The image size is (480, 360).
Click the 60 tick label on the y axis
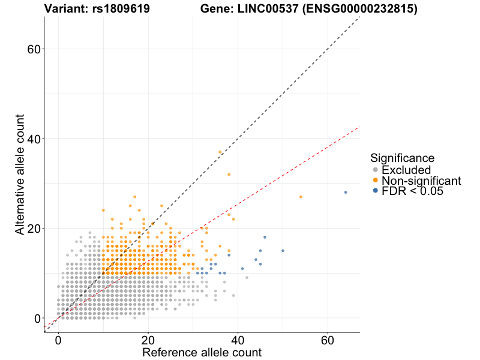[34, 49]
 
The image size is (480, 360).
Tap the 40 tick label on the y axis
[34, 139]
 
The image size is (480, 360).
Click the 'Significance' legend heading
[402, 158]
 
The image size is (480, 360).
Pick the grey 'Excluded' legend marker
[375, 170]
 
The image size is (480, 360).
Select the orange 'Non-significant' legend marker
[375, 181]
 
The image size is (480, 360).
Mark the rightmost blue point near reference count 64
[346, 192]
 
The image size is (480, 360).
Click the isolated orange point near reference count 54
[301, 197]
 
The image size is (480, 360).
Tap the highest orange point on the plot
[220, 152]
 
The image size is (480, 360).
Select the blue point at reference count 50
[283, 251]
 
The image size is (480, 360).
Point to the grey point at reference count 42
[247, 278]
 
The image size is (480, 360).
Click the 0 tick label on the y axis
[37, 319]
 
